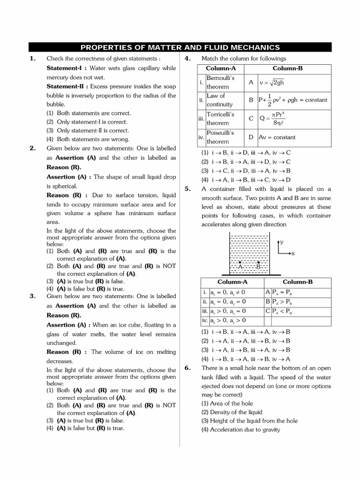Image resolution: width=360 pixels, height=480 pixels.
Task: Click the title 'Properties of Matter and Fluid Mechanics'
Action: point(180,47)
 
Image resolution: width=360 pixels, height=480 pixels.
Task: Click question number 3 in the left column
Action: point(32,296)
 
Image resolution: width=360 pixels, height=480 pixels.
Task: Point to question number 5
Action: point(187,189)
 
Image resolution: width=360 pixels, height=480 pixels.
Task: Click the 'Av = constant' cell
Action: point(277,137)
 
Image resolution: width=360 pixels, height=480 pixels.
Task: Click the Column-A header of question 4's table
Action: point(220,68)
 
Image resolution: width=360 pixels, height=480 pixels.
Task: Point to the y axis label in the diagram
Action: point(283,242)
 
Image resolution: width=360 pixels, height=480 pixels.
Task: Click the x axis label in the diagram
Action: point(293,254)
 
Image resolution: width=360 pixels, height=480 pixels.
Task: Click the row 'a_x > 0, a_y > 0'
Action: point(228,321)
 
